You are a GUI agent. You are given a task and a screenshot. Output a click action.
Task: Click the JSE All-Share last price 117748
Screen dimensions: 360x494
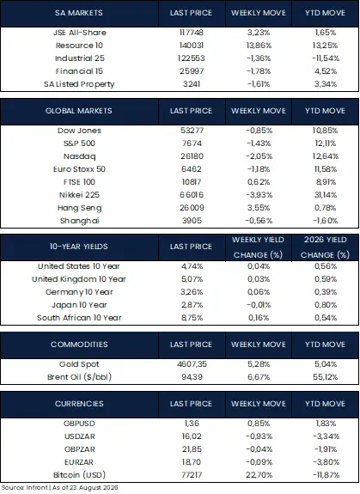click(x=192, y=33)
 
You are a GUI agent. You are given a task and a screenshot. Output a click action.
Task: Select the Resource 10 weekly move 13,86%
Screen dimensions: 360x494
click(x=259, y=46)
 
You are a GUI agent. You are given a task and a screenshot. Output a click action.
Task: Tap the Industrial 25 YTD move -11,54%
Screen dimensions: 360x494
click(x=326, y=58)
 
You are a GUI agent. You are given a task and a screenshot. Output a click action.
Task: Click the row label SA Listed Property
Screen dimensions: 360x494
click(x=79, y=84)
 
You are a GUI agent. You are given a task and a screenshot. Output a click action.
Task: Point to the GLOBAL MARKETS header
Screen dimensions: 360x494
click(x=79, y=111)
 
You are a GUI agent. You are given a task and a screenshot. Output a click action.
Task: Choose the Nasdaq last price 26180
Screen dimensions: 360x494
click(x=192, y=156)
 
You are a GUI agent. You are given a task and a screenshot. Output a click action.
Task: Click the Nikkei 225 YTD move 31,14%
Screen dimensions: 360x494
click(x=326, y=195)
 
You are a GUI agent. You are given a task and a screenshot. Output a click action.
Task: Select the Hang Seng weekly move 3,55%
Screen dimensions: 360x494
click(x=259, y=208)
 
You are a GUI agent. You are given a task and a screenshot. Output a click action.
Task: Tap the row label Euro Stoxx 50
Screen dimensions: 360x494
click(x=79, y=169)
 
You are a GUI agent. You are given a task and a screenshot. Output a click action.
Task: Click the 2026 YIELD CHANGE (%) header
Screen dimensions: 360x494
click(x=325, y=247)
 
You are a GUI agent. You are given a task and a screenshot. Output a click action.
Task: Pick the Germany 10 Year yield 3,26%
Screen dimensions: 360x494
click(x=192, y=292)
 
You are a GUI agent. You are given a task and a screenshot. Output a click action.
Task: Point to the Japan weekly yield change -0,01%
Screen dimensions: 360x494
click(x=259, y=305)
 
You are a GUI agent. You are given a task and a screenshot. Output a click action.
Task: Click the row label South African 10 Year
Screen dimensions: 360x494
click(x=79, y=318)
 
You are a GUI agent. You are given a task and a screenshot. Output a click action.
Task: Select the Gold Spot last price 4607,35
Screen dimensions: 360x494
click(x=192, y=364)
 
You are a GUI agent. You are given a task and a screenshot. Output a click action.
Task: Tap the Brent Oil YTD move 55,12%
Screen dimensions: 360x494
click(x=326, y=377)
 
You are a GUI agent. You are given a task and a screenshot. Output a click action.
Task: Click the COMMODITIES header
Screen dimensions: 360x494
click(x=79, y=345)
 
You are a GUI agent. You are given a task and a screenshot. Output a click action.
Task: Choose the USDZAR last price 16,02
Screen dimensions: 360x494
click(x=192, y=436)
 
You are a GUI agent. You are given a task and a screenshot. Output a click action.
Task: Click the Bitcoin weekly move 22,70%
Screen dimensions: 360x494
click(x=259, y=475)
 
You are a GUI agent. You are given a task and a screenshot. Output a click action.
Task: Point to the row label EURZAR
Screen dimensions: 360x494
click(x=79, y=462)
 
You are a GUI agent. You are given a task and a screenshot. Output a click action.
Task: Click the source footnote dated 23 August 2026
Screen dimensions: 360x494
click(x=60, y=488)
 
